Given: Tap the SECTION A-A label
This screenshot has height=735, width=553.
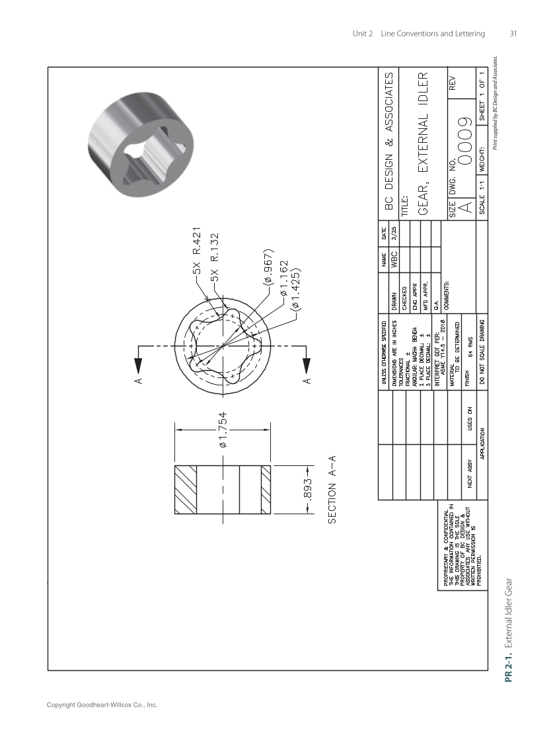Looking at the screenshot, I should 333,490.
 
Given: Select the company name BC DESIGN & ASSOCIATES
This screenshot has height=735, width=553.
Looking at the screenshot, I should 390,142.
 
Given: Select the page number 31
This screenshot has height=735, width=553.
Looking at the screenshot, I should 513,34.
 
